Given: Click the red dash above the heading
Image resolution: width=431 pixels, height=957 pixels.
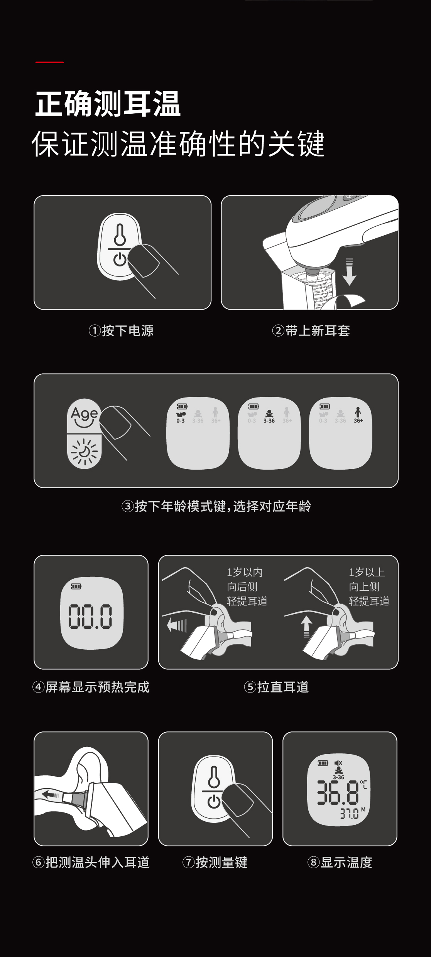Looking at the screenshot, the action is click(x=49, y=62).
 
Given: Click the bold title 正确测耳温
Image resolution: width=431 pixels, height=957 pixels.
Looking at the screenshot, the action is click(x=108, y=104).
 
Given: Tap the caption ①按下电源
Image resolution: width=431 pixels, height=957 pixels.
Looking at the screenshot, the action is click(x=121, y=331).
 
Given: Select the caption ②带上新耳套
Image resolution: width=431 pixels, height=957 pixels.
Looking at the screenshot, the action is click(x=311, y=331).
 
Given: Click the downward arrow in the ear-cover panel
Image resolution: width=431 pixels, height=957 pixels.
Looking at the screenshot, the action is click(x=349, y=271).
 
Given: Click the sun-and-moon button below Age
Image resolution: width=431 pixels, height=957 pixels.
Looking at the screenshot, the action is click(x=84, y=451).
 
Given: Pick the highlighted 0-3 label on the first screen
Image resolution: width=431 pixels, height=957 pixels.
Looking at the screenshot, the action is click(x=181, y=421).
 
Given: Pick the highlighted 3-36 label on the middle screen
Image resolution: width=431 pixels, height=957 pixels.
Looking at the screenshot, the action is click(x=269, y=421).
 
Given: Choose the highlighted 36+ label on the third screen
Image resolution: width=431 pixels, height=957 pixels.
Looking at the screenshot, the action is click(x=358, y=421).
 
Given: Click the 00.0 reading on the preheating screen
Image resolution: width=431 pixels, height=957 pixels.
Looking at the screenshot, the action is click(x=91, y=616).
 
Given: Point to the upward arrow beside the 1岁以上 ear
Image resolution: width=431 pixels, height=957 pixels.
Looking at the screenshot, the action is click(x=306, y=627).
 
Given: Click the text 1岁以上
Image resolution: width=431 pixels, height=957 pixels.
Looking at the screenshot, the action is click(x=367, y=573).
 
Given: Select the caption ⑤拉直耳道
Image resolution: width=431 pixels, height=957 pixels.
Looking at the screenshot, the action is click(x=276, y=687).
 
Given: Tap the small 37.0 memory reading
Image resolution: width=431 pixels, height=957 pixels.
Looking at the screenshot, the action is click(x=349, y=814).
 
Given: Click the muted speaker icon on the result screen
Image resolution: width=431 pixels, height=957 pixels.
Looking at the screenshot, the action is click(x=338, y=763).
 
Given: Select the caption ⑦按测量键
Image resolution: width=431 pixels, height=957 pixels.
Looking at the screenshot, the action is click(x=215, y=862).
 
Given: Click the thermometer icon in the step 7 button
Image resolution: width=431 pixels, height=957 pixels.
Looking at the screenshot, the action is click(x=213, y=777).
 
